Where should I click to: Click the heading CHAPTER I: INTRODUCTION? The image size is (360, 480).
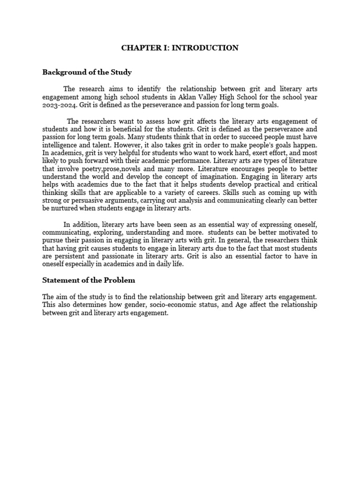tap(180, 48)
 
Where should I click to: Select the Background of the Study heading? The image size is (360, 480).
tap(87, 72)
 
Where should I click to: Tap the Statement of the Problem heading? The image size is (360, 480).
tap(89, 280)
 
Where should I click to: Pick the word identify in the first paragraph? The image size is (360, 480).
tap(150, 89)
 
